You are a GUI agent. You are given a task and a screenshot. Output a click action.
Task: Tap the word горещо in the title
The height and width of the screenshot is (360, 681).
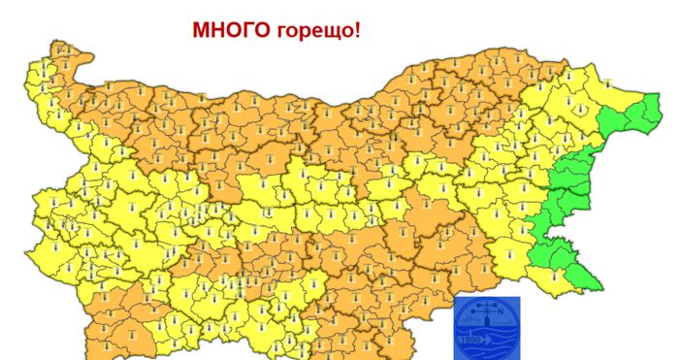coord(316,31)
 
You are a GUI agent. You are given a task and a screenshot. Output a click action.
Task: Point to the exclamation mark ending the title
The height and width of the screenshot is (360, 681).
coord(357,30)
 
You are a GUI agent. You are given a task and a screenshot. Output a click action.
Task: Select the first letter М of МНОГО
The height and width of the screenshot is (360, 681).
coord(201,30)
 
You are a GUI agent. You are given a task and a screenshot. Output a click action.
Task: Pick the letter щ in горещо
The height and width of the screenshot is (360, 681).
coord(331,32)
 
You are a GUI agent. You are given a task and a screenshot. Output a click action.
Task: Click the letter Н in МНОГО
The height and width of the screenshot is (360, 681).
coord(219,30)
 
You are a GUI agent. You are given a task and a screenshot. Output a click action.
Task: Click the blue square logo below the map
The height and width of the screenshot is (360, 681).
coord(487,328)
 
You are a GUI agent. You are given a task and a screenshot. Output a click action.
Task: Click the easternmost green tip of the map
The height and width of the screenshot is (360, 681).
coord(662,111)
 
